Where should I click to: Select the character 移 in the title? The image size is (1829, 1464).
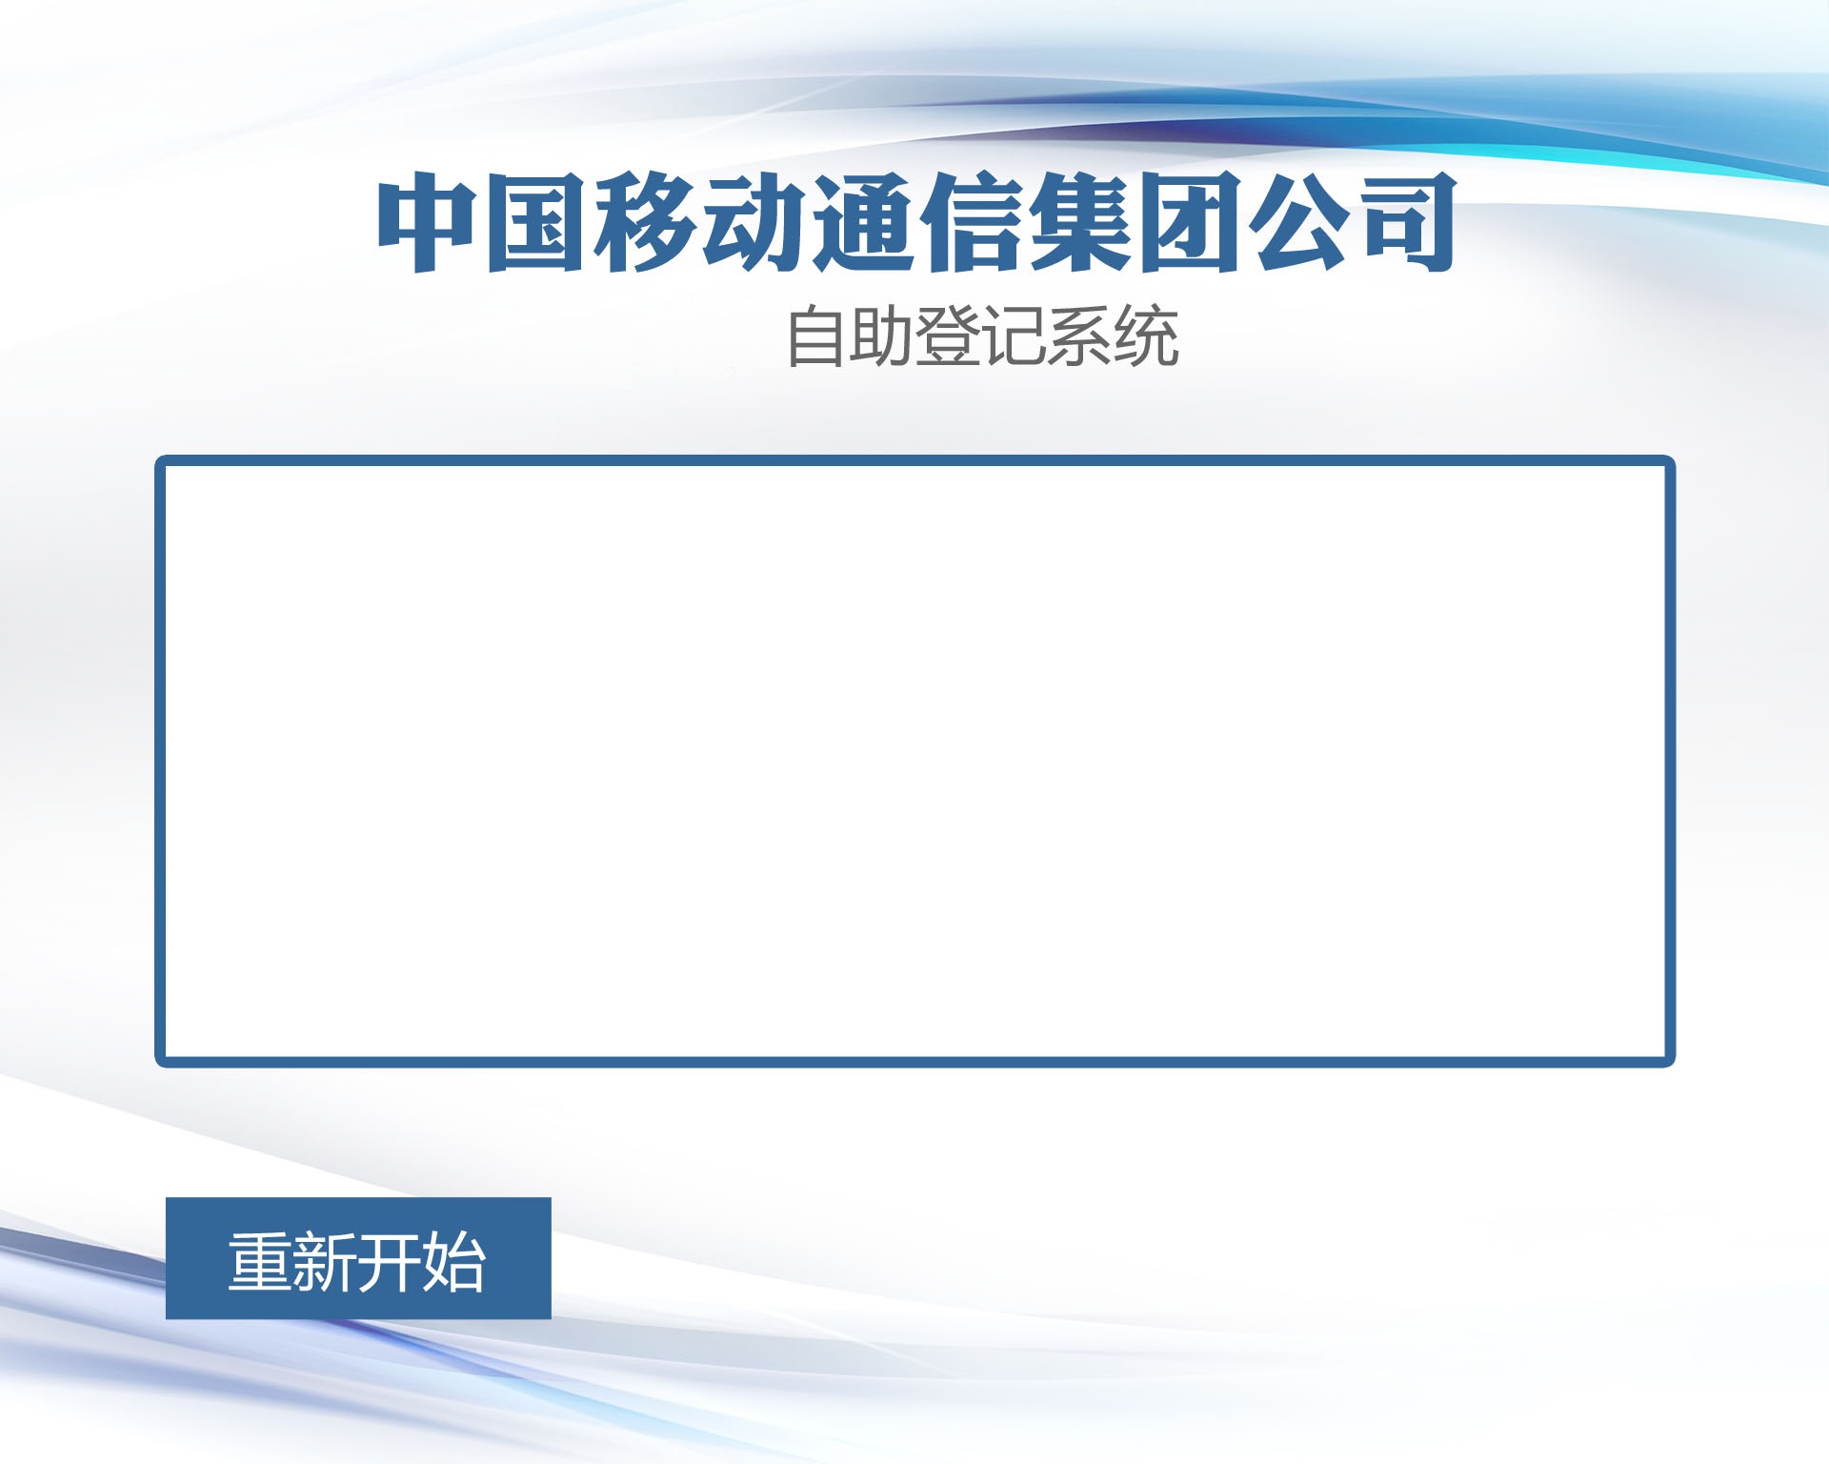(644, 223)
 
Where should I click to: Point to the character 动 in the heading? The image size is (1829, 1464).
(753, 223)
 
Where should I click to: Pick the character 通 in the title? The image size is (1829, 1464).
(862, 223)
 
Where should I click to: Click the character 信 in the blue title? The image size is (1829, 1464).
(971, 223)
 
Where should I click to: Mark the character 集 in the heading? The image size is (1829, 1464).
(1079, 223)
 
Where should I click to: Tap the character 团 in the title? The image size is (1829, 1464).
(1188, 223)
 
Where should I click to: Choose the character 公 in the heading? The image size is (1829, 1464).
(1297, 223)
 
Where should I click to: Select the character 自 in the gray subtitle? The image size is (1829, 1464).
(815, 335)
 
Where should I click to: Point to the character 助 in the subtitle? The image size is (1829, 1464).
(881, 335)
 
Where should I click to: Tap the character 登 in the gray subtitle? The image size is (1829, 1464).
(948, 335)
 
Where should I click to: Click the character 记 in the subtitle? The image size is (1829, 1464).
(1014, 335)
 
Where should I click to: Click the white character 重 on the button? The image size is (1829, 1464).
(260, 1262)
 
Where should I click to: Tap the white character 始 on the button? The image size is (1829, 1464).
(454, 1262)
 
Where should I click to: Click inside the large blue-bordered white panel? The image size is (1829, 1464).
(914, 761)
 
